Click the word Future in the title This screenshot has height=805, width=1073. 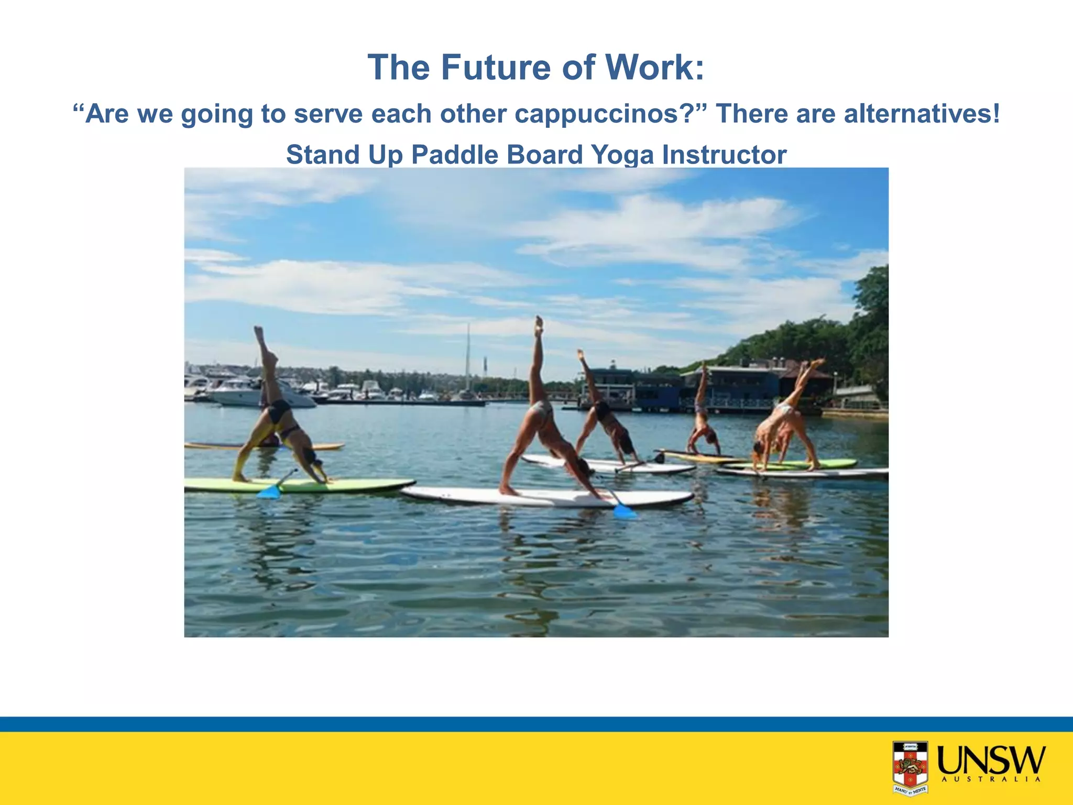pos(496,68)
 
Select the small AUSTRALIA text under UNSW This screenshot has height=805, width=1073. pos(991,779)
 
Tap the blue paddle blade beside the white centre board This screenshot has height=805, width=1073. pos(625,511)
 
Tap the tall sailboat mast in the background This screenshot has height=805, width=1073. pos(468,356)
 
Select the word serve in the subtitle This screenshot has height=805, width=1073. pos(328,114)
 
